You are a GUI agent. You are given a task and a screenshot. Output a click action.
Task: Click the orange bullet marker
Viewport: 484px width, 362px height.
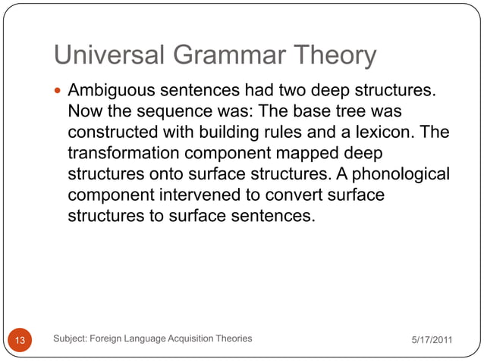pyautogui.click(x=60, y=92)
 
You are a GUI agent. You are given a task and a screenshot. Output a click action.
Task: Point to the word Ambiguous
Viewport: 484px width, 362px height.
pyautogui.click(x=112, y=92)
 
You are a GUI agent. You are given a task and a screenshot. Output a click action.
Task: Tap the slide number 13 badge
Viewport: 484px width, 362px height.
pyautogui.click(x=20, y=339)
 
